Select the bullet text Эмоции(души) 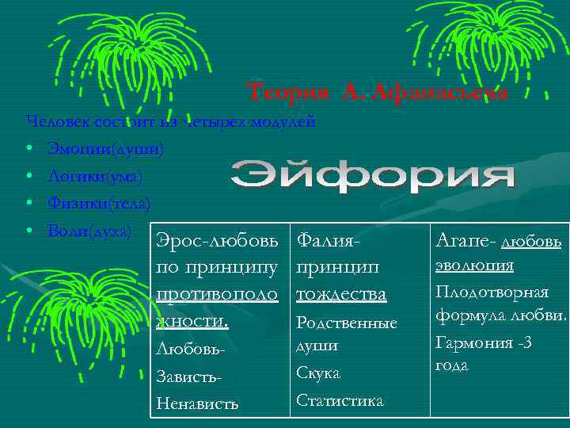pos(106,148)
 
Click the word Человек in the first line pos(54,122)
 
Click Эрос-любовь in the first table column pos(218,239)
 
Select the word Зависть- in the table pos(186,376)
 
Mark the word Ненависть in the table pos(197,403)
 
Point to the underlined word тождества pos(341,294)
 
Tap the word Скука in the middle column pos(318,373)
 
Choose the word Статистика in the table pos(340,400)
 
